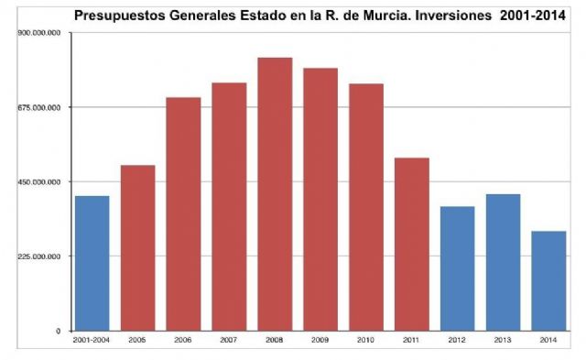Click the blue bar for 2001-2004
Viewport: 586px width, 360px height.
click(x=92, y=263)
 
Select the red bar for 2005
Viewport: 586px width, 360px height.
click(x=137, y=247)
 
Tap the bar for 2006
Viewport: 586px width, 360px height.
click(x=183, y=213)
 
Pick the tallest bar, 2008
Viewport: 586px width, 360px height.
click(x=275, y=193)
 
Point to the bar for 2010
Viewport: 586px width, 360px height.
click(x=366, y=207)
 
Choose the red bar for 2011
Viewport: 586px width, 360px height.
click(x=412, y=244)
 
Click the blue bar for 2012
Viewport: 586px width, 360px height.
click(x=458, y=268)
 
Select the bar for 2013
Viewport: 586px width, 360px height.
click(x=503, y=262)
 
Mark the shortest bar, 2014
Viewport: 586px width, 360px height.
click(x=548, y=280)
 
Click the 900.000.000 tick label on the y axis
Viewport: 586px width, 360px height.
click(x=39, y=32)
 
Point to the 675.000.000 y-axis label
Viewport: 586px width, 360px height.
click(x=39, y=107)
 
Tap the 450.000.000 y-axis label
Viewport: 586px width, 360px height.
click(x=39, y=181)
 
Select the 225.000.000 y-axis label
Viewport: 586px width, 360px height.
click(x=39, y=256)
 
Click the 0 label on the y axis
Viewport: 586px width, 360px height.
click(x=59, y=331)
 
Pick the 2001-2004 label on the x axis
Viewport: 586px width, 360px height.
click(x=92, y=340)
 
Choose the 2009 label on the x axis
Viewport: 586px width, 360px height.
click(x=320, y=340)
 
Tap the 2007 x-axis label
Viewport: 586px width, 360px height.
click(x=229, y=340)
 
